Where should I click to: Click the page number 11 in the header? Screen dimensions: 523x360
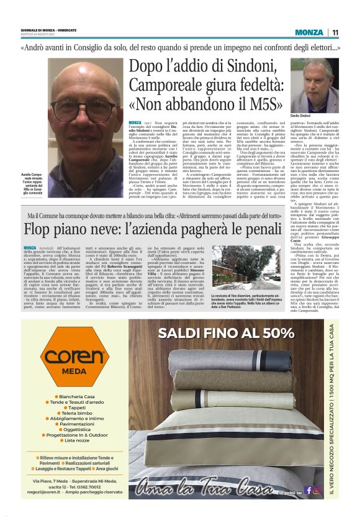coord(335,32)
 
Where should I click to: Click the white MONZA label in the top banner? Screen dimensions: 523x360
coord(308,32)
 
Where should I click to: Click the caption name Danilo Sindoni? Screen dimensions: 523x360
coord(301,116)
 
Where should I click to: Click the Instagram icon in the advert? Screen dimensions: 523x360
coord(317,491)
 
